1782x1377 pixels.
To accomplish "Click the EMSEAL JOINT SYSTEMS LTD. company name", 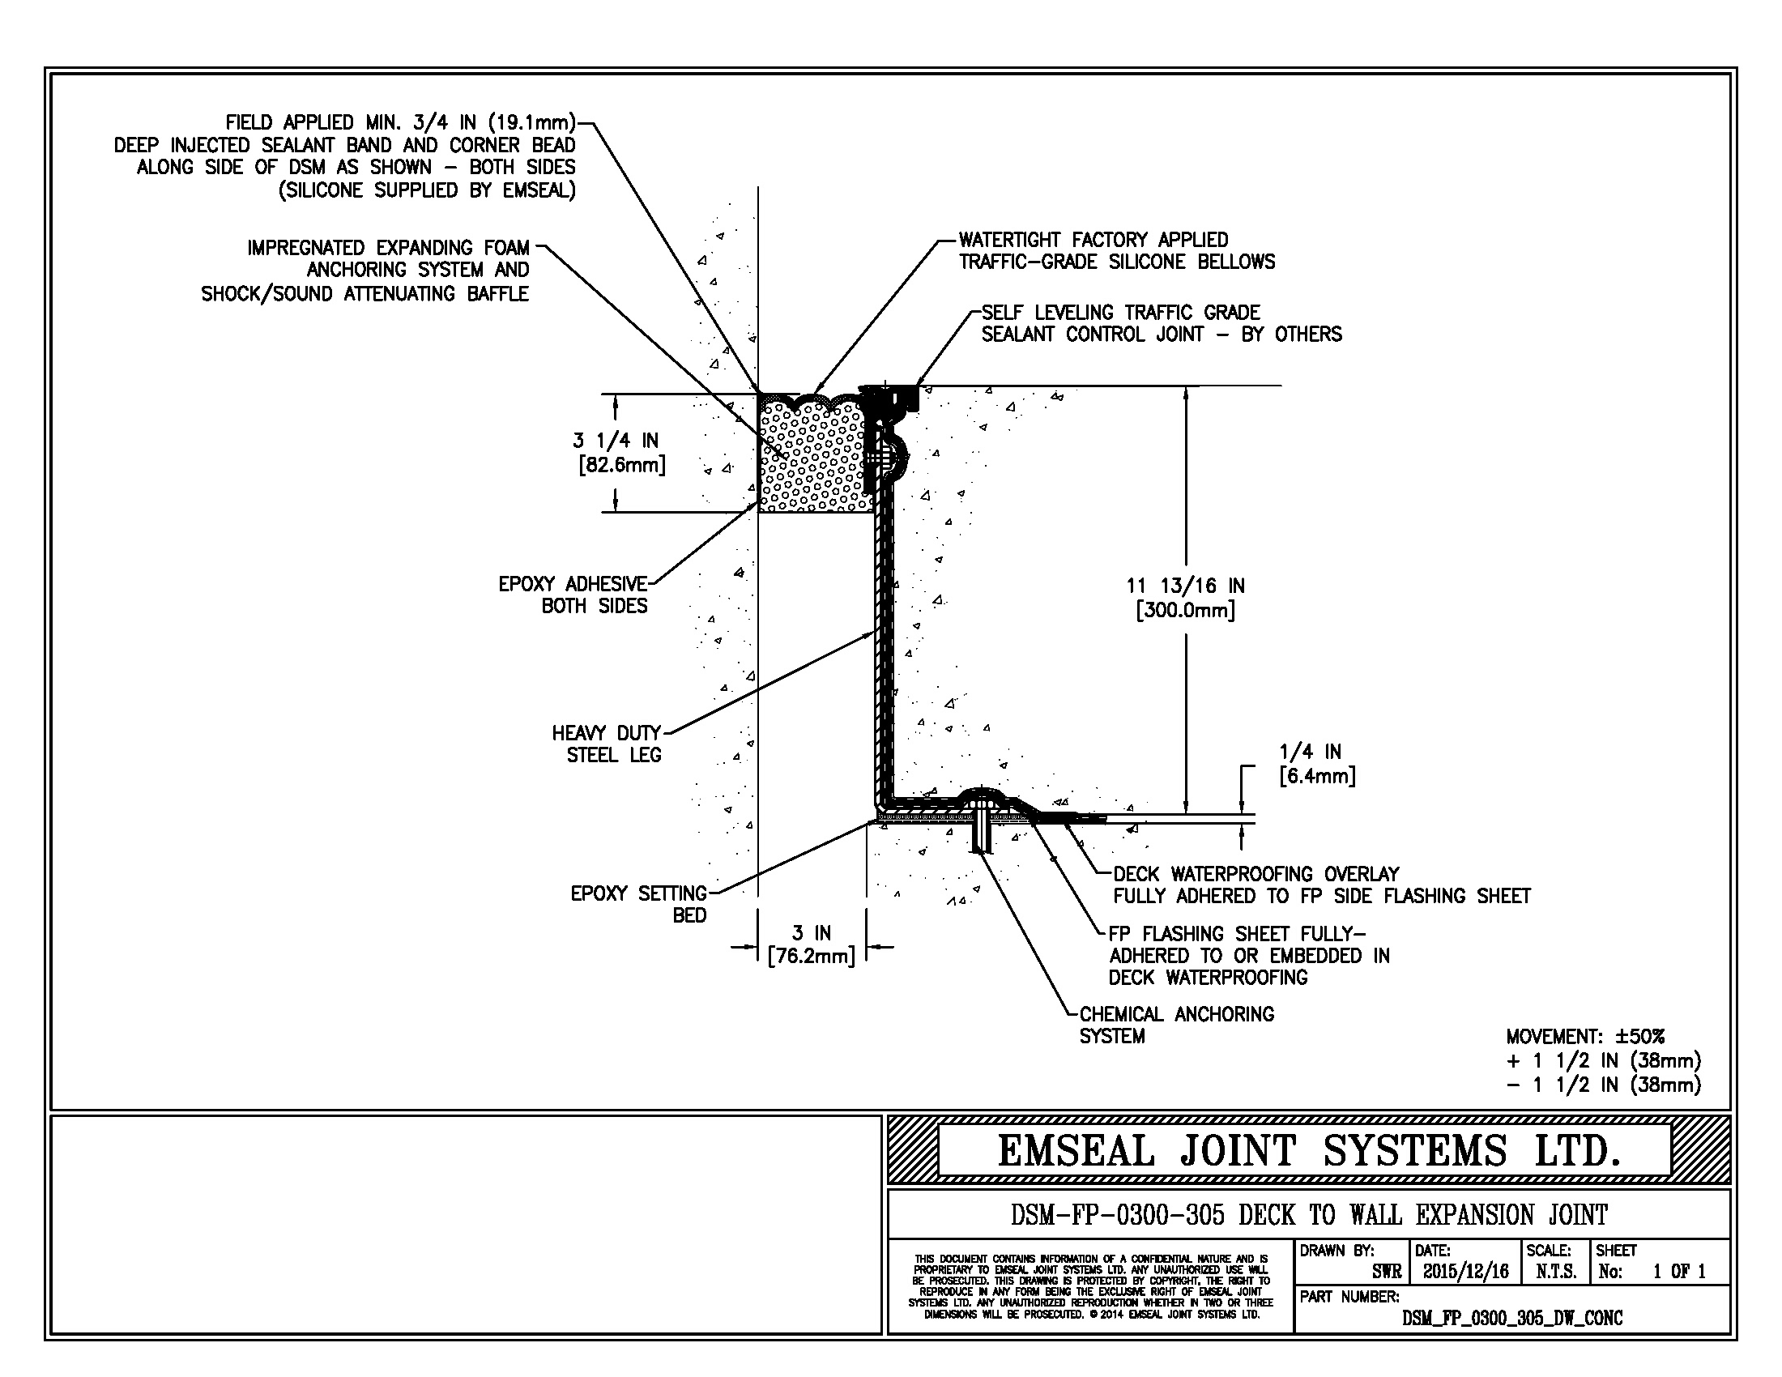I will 1308,1151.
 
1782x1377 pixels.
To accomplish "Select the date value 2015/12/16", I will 1466,1271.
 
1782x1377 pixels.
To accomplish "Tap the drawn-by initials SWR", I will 1386,1271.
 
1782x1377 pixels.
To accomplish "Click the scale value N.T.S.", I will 1555,1271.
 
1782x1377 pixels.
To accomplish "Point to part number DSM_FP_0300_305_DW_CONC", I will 1512,1318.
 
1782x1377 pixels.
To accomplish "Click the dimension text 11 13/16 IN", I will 1186,586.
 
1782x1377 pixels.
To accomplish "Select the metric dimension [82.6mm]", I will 622,466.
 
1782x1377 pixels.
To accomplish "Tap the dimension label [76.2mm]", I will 811,956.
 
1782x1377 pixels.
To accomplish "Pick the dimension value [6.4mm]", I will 1317,776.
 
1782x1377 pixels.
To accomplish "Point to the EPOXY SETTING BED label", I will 639,905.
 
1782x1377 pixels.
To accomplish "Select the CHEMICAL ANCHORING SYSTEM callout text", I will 1176,1025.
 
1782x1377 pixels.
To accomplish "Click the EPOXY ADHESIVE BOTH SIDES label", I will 573,595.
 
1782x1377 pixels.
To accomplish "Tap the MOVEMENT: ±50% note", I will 1584,1037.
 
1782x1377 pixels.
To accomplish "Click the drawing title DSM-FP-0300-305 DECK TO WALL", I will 1309,1215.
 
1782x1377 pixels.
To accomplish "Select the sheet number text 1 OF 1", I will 1679,1271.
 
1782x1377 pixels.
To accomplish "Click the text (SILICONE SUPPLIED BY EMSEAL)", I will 427,190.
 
